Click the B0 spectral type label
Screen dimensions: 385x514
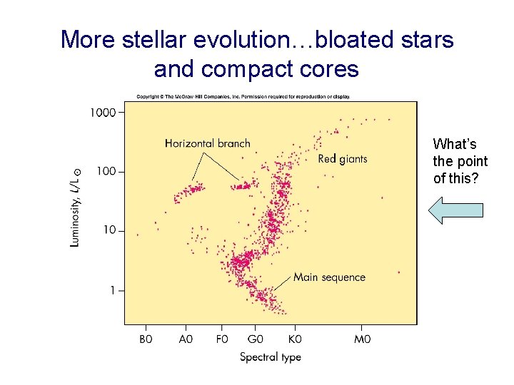[x=146, y=340]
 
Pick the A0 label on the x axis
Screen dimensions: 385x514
[x=186, y=340]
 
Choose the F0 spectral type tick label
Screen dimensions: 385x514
[x=222, y=340]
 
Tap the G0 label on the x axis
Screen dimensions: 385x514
[x=256, y=340]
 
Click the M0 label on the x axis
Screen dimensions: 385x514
[x=363, y=340]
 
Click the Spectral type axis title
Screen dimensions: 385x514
[x=270, y=357]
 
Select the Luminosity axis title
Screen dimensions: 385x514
[x=76, y=207]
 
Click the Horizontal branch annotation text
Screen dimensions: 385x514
[x=207, y=143]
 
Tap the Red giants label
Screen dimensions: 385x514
[x=343, y=159]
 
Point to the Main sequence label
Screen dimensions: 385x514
[x=329, y=277]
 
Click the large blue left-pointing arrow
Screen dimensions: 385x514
[x=455, y=210]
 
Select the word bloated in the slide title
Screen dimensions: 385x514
[x=355, y=39]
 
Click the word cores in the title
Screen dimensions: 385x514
[x=332, y=69]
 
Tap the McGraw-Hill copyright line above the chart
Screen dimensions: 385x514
[x=243, y=97]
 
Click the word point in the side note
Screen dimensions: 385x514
[x=470, y=161]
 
